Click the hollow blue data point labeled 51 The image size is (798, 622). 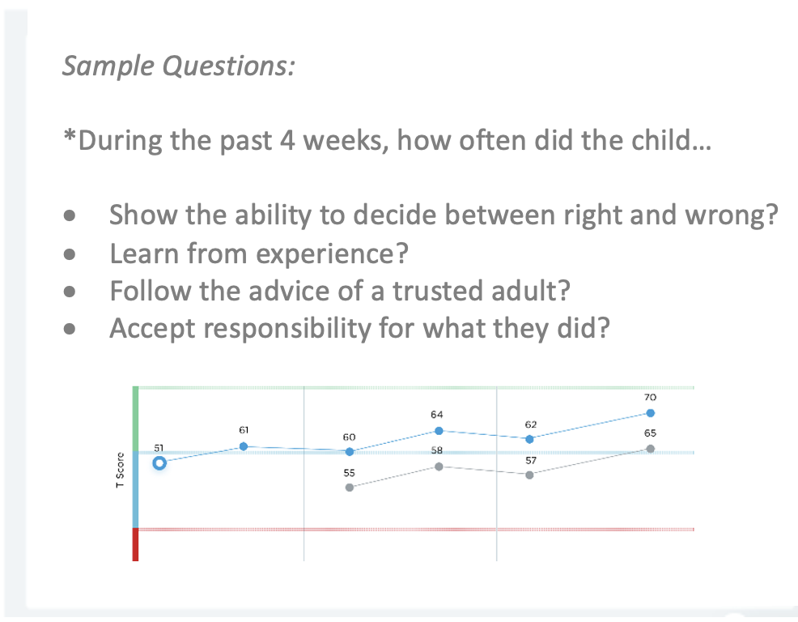159,463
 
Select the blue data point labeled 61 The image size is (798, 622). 244,446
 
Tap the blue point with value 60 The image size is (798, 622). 350,452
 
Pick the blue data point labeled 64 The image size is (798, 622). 439,431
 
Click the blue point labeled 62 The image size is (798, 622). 530,439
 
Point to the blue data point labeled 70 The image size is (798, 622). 651,413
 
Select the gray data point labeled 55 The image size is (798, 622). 350,488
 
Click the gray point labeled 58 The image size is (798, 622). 439,466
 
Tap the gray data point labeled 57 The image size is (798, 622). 530,475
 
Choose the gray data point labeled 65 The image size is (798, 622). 651,449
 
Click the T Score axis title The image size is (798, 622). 120,470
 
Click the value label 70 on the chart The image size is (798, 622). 651,398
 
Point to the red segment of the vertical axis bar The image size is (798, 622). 135,544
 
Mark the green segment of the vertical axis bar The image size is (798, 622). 135,419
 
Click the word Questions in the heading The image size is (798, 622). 228,66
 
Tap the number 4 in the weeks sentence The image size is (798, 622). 287,140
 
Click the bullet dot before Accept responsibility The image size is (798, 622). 70,329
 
